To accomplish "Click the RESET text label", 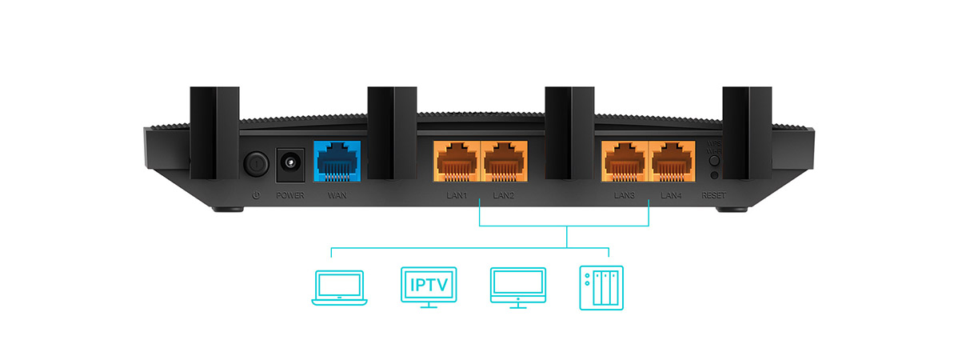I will click(713, 195).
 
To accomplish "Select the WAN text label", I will click(337, 195).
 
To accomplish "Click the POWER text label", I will click(289, 195).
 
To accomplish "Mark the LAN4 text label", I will click(672, 195).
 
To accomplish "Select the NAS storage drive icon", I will click(601, 287).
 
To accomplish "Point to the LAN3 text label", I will click(625, 195).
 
